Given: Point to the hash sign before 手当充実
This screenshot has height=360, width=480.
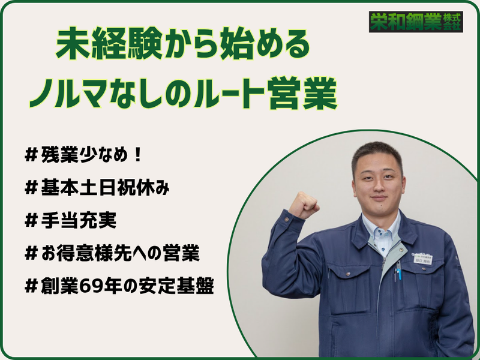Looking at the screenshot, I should pyautogui.click(x=32, y=221).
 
